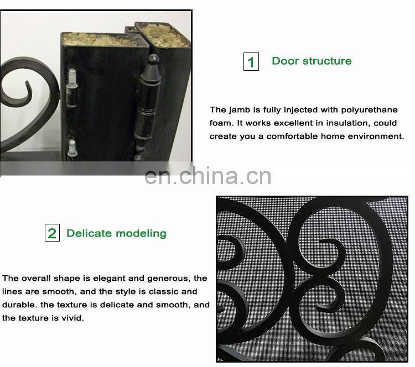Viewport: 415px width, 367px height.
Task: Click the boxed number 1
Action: pos(251,61)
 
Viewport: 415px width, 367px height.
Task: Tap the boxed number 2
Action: pos(52,233)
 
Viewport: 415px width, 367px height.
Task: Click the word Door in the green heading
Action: pos(286,61)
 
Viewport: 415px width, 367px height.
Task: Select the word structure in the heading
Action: pos(327,61)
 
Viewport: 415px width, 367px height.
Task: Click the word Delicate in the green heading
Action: pos(89,233)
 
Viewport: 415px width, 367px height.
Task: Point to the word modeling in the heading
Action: pos(141,234)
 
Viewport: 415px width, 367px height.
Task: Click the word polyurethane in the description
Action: pos(369,110)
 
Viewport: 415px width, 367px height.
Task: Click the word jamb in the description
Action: pos(239,110)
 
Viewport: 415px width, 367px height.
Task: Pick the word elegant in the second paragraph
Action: pos(113,279)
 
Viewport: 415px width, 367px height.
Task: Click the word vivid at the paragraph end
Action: pos(72,318)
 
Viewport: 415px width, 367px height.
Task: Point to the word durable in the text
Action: pos(20,305)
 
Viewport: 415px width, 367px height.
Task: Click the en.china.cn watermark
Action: pos(208,176)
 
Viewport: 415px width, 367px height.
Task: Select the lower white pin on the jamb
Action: pos(72,148)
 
